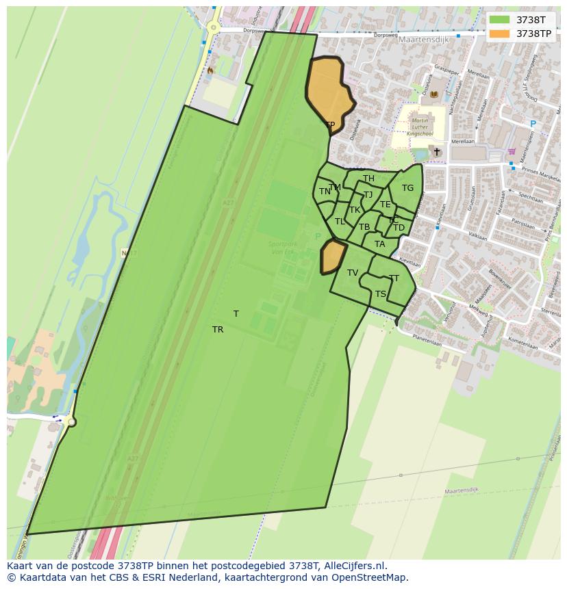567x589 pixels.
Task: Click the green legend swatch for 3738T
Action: tap(500, 20)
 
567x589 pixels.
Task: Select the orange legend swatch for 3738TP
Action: tap(500, 34)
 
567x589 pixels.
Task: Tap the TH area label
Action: tap(368, 179)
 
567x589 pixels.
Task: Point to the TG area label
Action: tap(407, 188)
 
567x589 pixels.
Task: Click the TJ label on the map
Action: tap(368, 195)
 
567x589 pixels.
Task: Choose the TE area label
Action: tap(386, 205)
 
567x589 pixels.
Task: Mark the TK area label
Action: tap(355, 210)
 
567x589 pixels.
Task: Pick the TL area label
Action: tap(340, 222)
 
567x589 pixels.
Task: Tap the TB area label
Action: tap(364, 227)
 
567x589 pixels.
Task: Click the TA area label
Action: tap(379, 244)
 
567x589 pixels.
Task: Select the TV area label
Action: tap(353, 273)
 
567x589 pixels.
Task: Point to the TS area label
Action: tap(381, 294)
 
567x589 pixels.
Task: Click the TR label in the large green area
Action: tap(218, 330)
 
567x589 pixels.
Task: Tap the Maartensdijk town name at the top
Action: tap(423, 40)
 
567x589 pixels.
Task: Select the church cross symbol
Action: tap(437, 151)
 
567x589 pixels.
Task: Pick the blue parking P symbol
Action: tap(533, 124)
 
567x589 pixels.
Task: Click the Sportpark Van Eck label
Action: tap(283, 248)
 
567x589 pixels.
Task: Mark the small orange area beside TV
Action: tap(332, 256)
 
